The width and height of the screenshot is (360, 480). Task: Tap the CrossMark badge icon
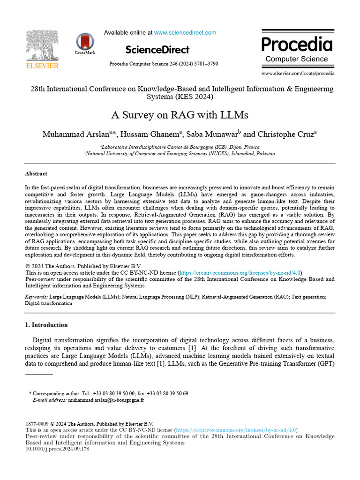[x=85, y=42]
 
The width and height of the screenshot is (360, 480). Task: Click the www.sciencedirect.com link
[x=185, y=33]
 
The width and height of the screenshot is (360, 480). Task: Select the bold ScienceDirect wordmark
[x=157, y=50]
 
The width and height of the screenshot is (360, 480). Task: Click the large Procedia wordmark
[x=297, y=44]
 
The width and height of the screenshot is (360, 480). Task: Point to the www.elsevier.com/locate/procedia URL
[x=298, y=74]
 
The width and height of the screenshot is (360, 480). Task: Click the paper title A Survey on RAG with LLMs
[x=180, y=115]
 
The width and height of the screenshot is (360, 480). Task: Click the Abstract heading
[x=36, y=173]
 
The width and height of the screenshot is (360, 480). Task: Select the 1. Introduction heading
[x=46, y=325]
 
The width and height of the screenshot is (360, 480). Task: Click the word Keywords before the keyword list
[x=36, y=297]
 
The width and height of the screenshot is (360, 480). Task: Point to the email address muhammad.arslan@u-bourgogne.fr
[x=106, y=400]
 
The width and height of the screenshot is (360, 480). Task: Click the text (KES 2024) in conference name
[x=194, y=97]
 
